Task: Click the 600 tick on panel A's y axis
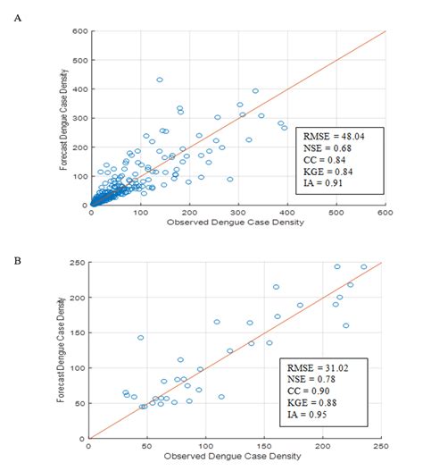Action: click(80, 31)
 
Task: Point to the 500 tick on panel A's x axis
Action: click(336, 213)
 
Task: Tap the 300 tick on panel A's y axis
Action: click(80, 118)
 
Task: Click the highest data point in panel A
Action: click(160, 80)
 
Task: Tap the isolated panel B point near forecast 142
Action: click(140, 338)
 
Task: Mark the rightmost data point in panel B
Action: click(363, 266)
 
